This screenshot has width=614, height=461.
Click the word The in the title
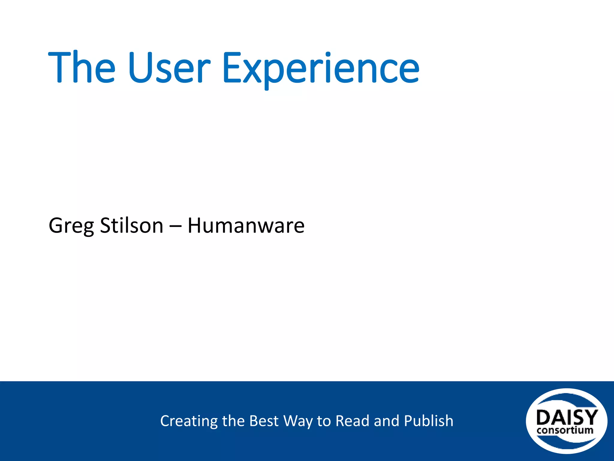(x=82, y=68)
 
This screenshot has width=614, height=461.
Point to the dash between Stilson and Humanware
(x=175, y=226)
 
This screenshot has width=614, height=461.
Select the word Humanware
(x=246, y=226)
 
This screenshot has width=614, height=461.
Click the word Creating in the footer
(x=189, y=421)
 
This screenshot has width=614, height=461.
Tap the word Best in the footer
(x=264, y=421)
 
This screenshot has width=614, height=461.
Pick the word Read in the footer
(x=352, y=421)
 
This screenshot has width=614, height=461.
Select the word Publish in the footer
(x=428, y=421)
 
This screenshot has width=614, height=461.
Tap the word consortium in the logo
(x=565, y=430)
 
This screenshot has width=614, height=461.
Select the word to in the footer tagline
(x=324, y=421)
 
